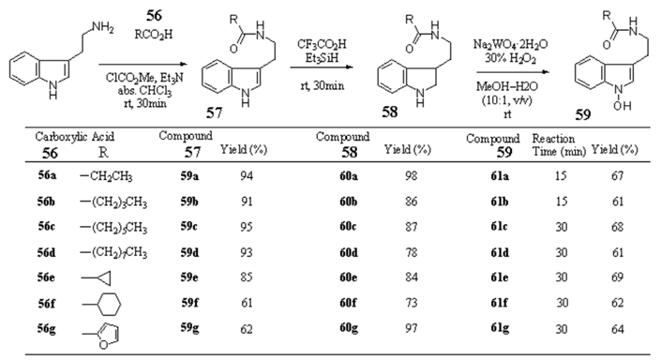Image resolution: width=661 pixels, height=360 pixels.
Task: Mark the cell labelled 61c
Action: pyautogui.click(x=501, y=226)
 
